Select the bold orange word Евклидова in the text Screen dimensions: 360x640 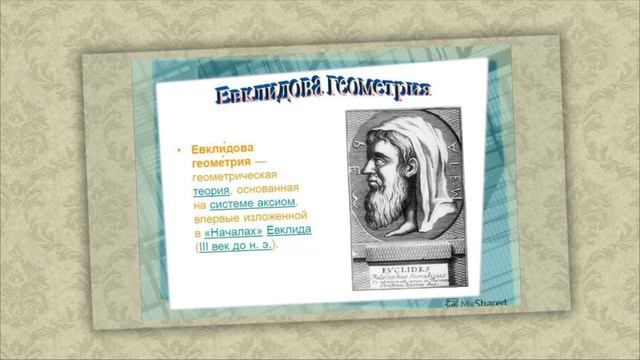click(x=222, y=149)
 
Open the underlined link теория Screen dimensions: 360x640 click(x=211, y=189)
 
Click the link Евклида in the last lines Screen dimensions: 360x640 click(x=289, y=231)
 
